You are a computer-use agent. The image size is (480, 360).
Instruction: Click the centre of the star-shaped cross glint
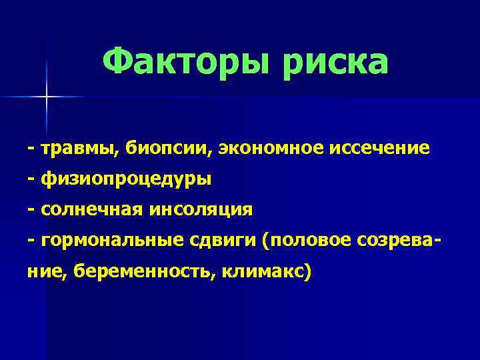[x=47, y=97]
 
